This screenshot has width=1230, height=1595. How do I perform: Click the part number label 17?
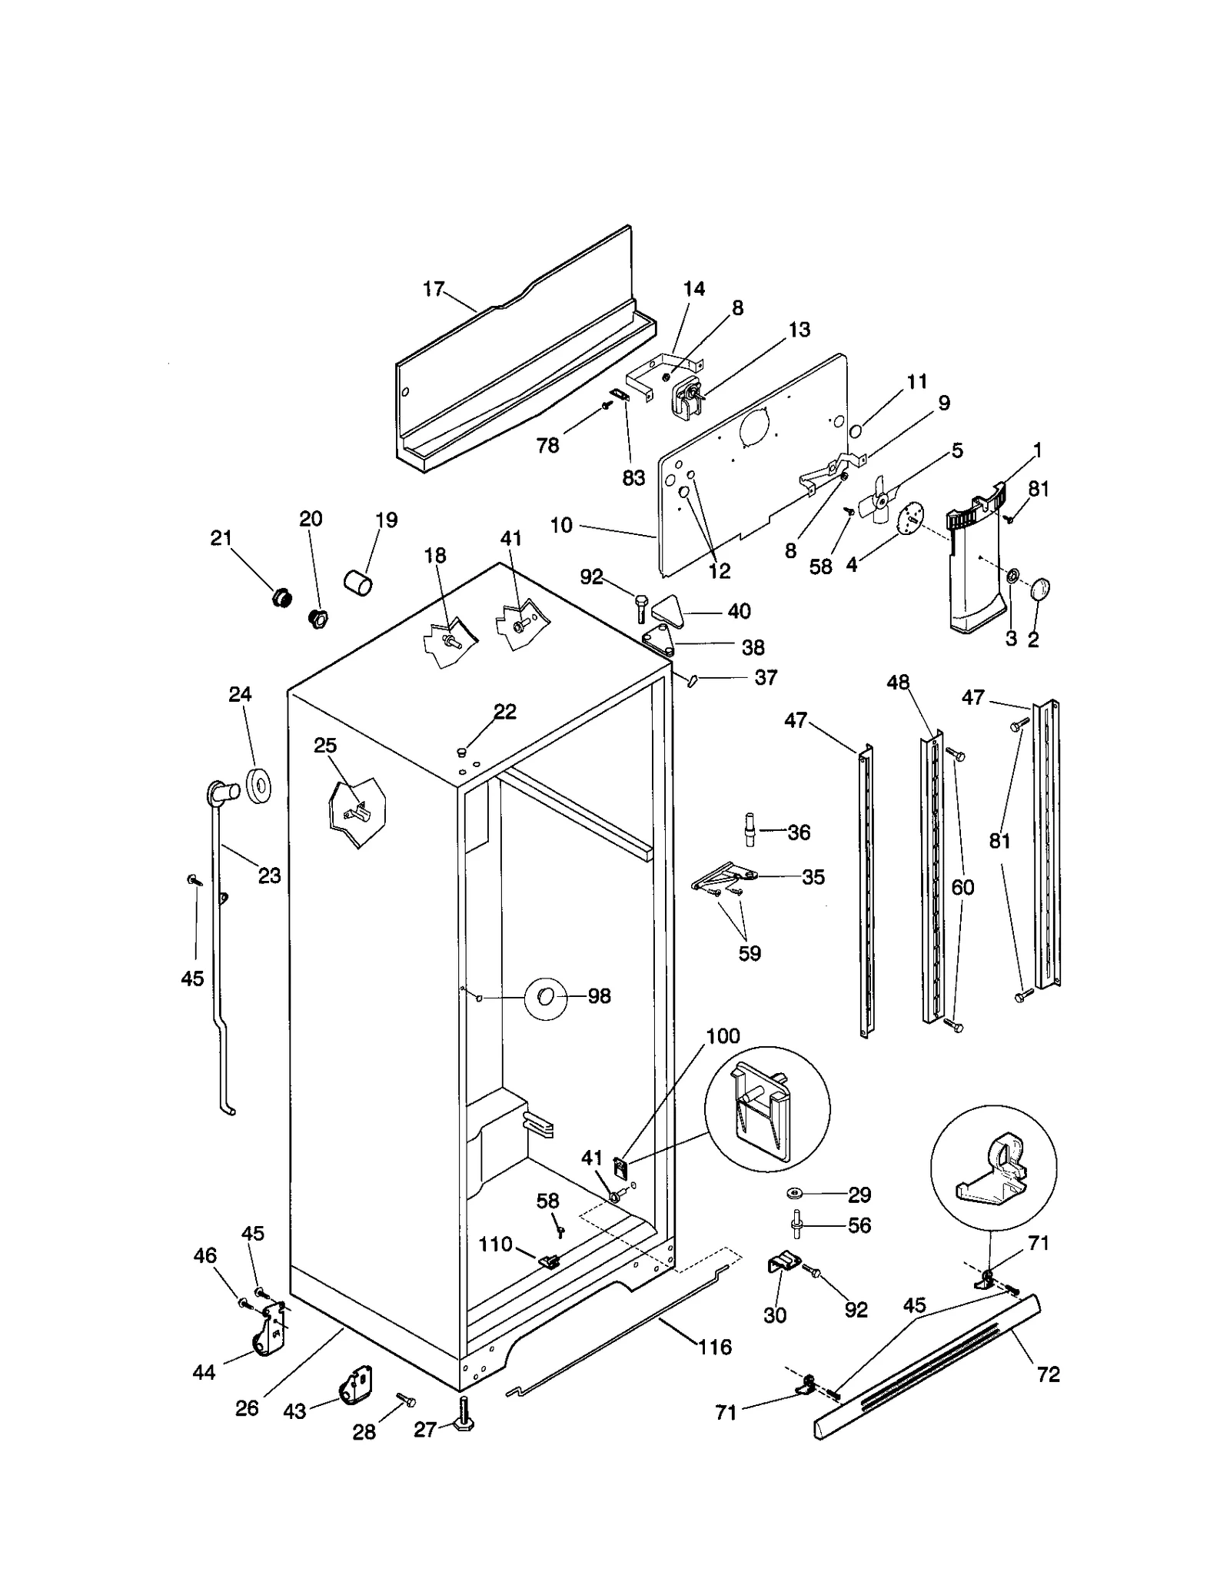point(434,289)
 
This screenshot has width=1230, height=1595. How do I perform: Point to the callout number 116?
point(715,1347)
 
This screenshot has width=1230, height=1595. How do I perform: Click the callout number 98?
point(599,996)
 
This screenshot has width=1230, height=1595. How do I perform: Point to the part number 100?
point(723,1036)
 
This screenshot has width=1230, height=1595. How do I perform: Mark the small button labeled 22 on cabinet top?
point(462,750)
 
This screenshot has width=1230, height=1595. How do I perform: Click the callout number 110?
point(495,1244)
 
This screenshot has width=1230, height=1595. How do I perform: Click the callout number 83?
point(633,477)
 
